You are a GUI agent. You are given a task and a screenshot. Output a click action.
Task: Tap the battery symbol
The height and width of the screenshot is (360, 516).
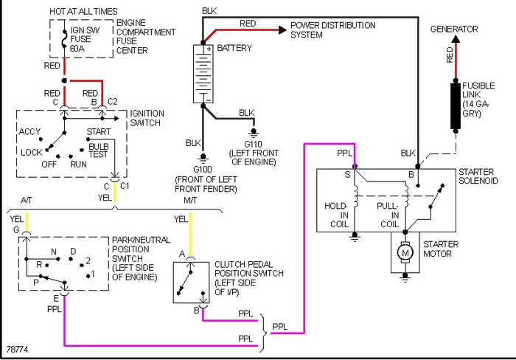tap(203, 74)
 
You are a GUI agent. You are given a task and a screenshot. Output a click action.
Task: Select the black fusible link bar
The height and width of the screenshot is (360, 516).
tap(456, 106)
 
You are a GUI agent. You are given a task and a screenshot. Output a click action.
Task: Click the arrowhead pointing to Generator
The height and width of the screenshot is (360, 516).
tap(456, 39)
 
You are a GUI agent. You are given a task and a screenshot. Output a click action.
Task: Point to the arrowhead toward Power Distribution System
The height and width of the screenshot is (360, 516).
tap(282, 30)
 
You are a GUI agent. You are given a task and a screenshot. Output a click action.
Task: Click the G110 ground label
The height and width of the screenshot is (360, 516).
tap(253, 145)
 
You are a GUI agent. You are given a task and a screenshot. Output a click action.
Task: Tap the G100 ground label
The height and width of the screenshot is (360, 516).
tap(203, 170)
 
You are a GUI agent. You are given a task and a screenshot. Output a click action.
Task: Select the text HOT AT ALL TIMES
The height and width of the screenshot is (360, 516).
tap(83, 12)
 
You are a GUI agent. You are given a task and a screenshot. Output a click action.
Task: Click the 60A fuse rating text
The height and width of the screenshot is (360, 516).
tap(77, 49)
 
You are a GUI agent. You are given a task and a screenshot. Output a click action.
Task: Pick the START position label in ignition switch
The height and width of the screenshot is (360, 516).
tap(98, 132)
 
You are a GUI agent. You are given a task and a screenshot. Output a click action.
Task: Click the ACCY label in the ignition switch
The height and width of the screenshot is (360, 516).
tap(29, 132)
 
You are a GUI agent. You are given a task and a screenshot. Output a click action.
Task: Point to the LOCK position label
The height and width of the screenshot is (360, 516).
tap(31, 153)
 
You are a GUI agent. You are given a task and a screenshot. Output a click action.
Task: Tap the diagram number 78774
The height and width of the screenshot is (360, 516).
tap(17, 349)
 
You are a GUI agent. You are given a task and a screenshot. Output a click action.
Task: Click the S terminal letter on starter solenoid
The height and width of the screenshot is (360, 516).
tap(347, 175)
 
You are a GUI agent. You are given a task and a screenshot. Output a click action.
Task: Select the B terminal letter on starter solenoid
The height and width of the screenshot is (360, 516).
tap(411, 175)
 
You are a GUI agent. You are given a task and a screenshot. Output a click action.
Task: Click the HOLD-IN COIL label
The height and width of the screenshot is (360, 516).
tap(336, 215)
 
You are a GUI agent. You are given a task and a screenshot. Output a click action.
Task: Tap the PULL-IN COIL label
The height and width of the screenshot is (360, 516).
tap(388, 215)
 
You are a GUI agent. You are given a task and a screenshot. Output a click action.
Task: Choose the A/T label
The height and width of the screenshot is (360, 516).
tap(27, 200)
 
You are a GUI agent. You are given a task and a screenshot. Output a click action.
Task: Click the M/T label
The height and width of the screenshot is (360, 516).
tap(190, 200)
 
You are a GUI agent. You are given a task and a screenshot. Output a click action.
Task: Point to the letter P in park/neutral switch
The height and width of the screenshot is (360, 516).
tap(36, 283)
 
